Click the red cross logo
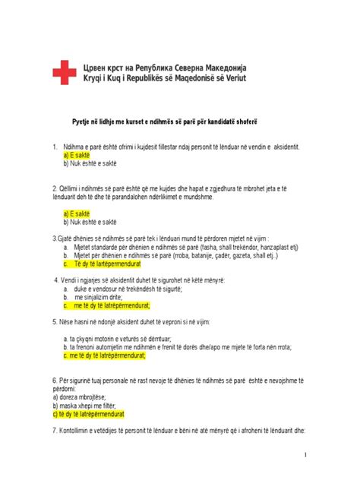tap(64, 74)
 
